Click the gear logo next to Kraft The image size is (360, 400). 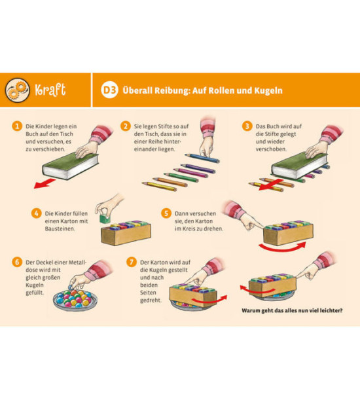coord(17,90)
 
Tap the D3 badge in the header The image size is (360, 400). coord(109,90)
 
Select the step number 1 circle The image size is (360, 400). coord(17,126)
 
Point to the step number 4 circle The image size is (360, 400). coord(37,213)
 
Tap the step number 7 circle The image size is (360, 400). coord(132,262)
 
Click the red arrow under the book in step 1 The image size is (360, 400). coord(44,183)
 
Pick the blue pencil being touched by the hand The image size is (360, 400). coord(202,158)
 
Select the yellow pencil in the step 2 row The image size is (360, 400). coord(160,187)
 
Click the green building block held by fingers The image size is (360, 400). coord(105,219)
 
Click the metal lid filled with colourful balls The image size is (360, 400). coord(75,300)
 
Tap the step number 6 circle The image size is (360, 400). coord(17,262)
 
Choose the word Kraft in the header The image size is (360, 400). coord(50,90)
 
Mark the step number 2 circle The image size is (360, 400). coord(126,126)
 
